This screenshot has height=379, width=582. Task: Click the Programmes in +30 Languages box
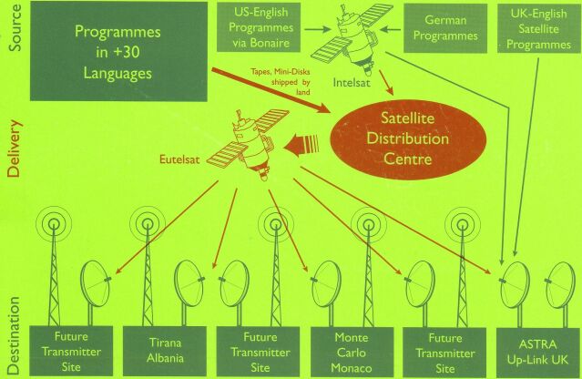[x=118, y=52]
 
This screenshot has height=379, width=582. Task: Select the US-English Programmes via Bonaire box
[x=259, y=27]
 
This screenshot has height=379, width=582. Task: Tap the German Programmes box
[x=445, y=28]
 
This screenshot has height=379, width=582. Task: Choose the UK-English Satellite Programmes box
[x=539, y=28]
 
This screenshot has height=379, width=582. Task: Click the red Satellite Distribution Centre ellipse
[x=408, y=138]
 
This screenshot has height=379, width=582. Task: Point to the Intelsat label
[x=352, y=82]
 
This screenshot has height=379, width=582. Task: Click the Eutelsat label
[x=179, y=159]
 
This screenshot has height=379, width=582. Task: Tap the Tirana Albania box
[x=165, y=351]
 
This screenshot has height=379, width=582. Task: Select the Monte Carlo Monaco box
[x=352, y=352]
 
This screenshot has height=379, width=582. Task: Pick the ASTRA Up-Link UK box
[x=538, y=353]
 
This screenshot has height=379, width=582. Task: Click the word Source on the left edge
[x=15, y=28]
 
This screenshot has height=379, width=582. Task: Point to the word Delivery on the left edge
[x=15, y=149]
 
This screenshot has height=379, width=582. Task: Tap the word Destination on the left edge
[x=14, y=335]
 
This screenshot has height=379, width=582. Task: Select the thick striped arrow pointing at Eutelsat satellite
[x=301, y=144]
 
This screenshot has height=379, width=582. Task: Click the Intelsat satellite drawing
[x=352, y=37]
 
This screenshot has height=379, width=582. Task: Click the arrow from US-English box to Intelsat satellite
[x=317, y=29]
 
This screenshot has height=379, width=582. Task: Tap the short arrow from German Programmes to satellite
[x=392, y=29]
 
